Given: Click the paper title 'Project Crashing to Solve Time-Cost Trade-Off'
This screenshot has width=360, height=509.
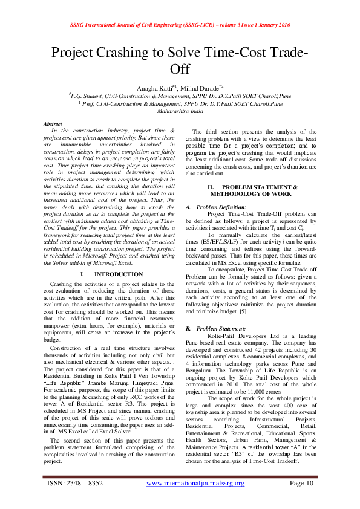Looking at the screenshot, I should pos(180,60).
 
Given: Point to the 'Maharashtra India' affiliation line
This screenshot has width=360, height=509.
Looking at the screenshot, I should pos(180,112).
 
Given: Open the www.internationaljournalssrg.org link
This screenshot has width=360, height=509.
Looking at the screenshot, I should pos(195,484).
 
